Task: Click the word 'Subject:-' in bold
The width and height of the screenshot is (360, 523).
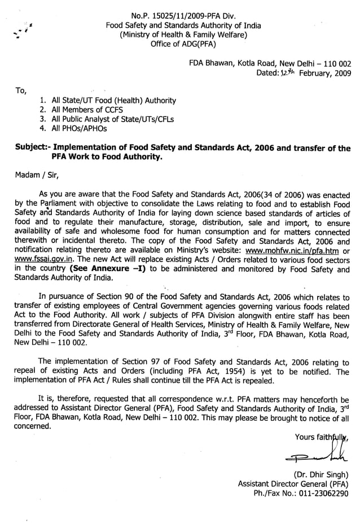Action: click(33, 149)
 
